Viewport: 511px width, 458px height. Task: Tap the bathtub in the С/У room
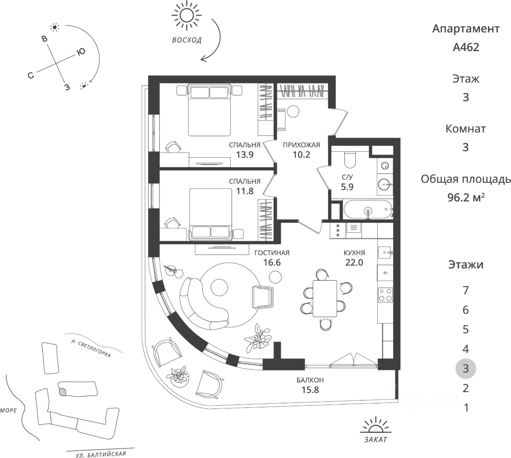tap(368, 210)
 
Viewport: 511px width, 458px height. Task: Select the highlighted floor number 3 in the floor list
tap(465, 369)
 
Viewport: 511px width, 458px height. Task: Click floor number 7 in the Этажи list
tap(465, 290)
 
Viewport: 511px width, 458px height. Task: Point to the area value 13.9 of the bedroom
tap(245, 155)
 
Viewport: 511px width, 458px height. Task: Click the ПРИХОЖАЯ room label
tap(301, 145)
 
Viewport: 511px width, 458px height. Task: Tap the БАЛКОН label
tap(310, 380)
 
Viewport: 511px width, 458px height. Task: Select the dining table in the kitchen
tap(325, 299)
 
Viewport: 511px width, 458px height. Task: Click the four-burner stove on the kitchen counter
tap(385, 295)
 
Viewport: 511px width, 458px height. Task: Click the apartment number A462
tap(466, 47)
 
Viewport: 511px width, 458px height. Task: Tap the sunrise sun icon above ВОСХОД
tap(187, 15)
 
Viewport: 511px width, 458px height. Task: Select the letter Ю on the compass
tap(81, 52)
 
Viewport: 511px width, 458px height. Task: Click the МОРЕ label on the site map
tap(8, 410)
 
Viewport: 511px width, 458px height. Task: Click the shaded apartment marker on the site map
tap(62, 392)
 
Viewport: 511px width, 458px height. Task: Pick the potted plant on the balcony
tap(178, 376)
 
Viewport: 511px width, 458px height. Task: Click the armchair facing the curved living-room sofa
tap(263, 297)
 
